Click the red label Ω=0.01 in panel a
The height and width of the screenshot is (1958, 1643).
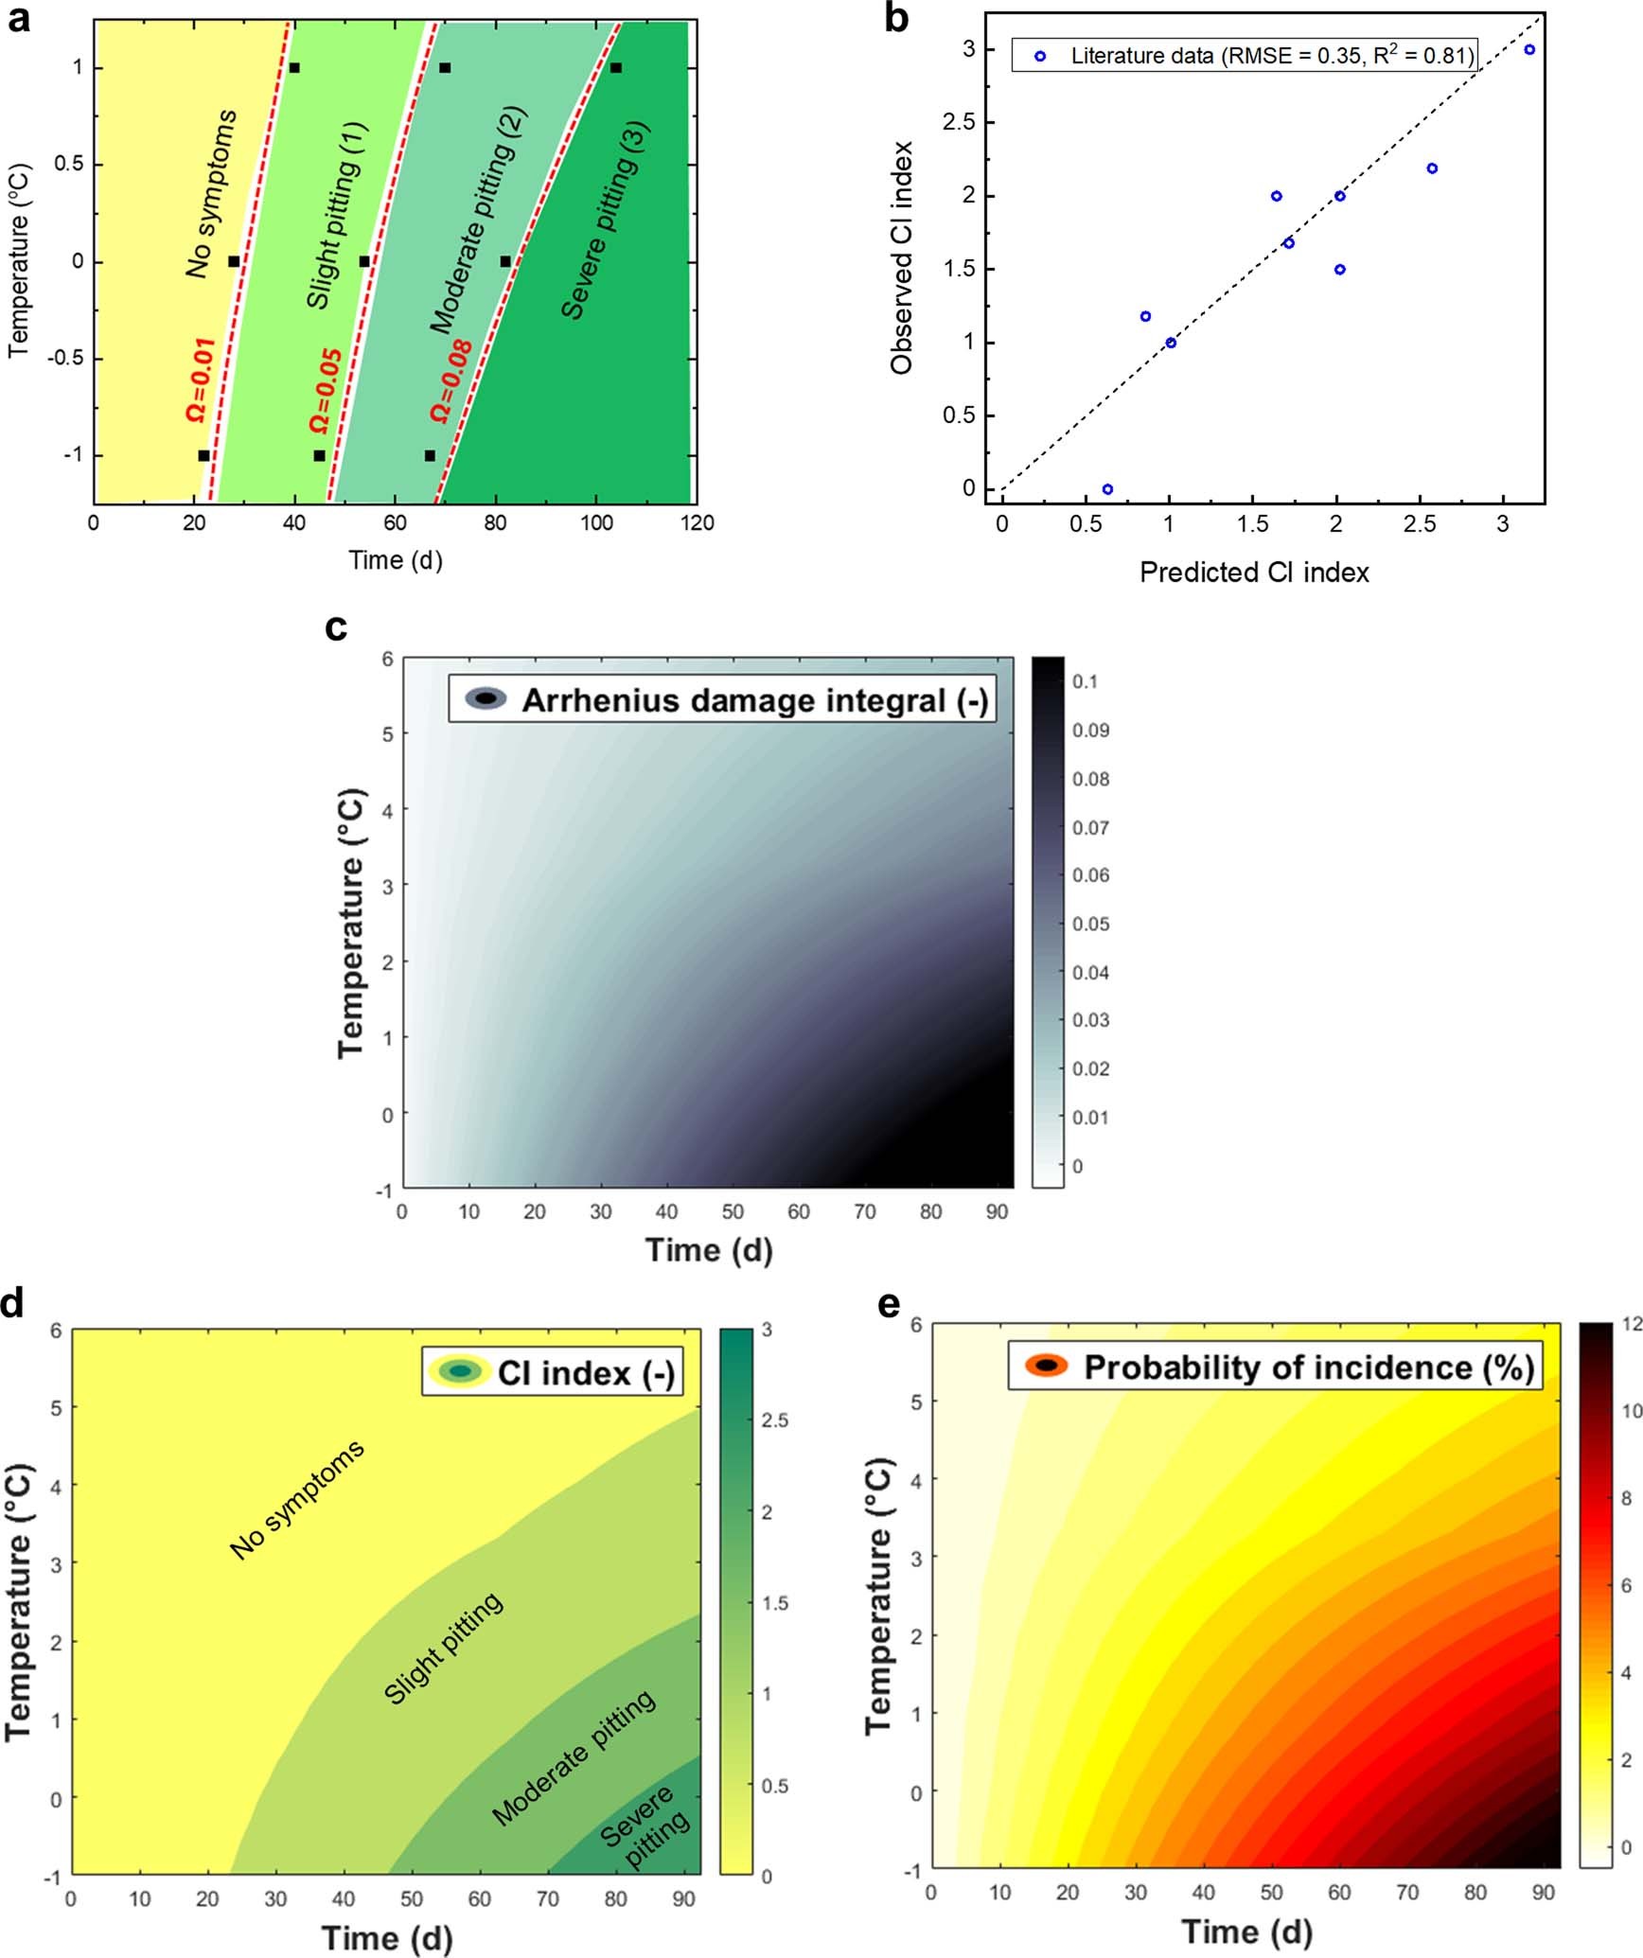pos(201,379)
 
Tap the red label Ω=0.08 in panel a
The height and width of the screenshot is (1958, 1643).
pos(451,380)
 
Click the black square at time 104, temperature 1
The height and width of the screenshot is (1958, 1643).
pos(615,67)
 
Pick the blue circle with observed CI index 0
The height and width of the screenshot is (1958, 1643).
pos(1107,489)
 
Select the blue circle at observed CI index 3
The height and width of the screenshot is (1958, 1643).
pos(1529,49)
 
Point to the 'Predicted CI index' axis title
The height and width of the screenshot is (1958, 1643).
pos(1254,573)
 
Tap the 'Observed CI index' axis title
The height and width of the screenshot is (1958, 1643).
pos(902,257)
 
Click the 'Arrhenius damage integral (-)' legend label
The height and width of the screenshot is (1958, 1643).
pos(754,700)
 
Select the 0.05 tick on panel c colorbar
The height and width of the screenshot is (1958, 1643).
pos(1090,924)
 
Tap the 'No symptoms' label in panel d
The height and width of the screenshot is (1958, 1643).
pos(297,1500)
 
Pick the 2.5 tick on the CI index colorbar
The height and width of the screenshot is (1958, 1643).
pos(774,1420)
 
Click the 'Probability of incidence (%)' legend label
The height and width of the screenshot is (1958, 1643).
pos(1308,1367)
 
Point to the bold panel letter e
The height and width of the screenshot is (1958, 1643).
pos(889,1304)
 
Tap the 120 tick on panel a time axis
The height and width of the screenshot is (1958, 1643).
pos(698,522)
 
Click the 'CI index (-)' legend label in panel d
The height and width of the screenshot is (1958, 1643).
pos(586,1373)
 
